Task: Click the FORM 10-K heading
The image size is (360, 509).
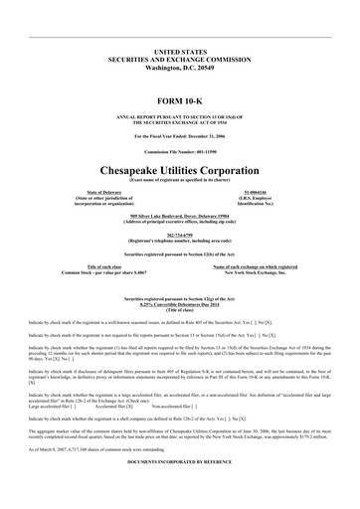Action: coord(179,102)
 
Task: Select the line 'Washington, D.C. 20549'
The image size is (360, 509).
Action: coord(179,67)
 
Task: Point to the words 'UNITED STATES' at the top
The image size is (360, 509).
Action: coord(179,49)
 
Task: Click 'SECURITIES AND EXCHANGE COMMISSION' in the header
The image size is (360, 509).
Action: coord(179,58)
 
